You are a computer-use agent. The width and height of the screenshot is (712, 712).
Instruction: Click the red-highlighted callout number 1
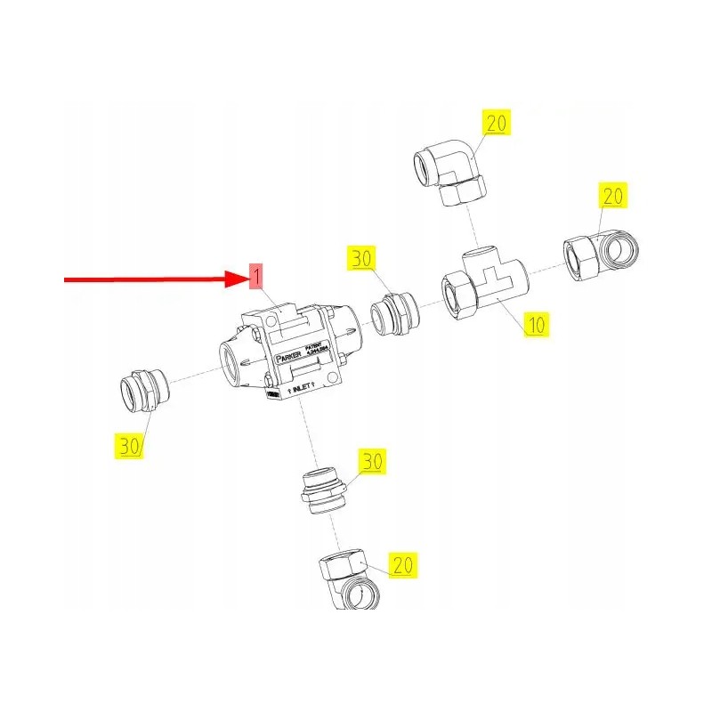256,277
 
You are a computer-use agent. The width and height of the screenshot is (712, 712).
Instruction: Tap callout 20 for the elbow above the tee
496,124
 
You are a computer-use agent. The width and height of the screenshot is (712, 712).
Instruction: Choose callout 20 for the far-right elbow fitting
614,195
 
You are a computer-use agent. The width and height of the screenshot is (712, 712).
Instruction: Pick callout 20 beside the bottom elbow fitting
403,564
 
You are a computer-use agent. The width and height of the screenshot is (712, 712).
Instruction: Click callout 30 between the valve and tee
361,259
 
